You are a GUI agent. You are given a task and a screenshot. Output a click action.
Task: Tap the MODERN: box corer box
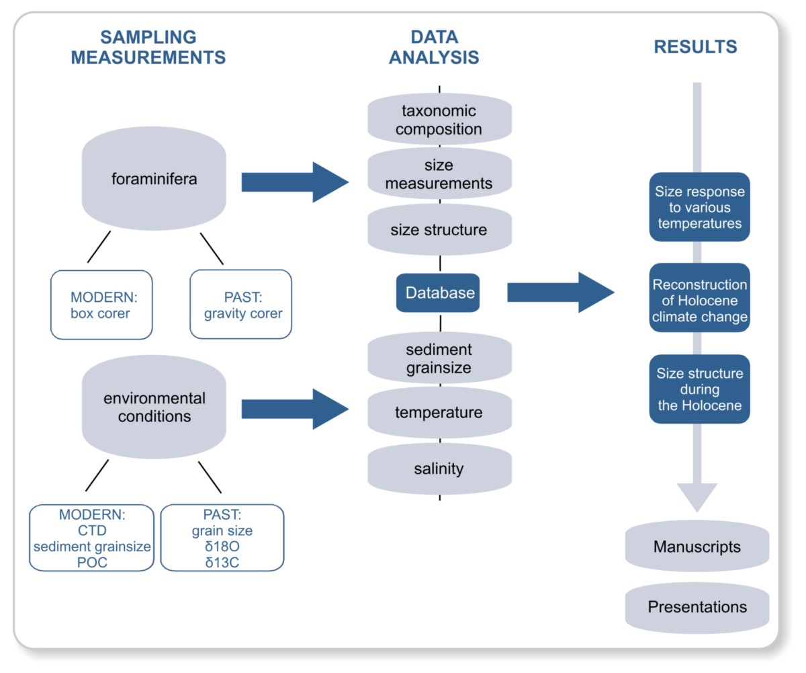click(101, 305)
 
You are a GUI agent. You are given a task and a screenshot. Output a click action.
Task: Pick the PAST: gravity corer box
click(241, 305)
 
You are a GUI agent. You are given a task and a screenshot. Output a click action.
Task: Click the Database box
click(438, 293)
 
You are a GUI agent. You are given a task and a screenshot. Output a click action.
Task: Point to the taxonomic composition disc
click(439, 118)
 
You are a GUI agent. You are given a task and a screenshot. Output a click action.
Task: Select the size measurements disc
click(439, 174)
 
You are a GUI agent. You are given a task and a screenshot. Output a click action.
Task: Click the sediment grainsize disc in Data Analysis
click(439, 358)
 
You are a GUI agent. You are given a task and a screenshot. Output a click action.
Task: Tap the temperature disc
click(439, 411)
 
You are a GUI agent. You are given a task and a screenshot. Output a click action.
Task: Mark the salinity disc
click(439, 468)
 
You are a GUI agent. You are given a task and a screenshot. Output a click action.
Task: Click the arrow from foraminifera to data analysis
click(294, 182)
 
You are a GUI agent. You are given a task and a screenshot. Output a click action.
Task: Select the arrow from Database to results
click(560, 292)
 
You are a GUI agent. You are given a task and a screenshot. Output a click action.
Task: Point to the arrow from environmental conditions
click(294, 409)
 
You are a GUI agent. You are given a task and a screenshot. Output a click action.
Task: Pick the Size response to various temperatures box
click(699, 207)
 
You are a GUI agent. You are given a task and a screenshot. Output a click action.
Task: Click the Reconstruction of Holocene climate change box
click(699, 300)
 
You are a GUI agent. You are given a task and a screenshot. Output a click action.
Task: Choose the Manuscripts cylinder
click(697, 547)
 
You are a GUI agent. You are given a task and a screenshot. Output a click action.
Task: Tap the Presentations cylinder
click(697, 607)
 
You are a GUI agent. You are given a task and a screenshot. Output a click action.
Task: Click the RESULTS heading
click(695, 47)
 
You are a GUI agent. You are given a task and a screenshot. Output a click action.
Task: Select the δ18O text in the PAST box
click(222, 546)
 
